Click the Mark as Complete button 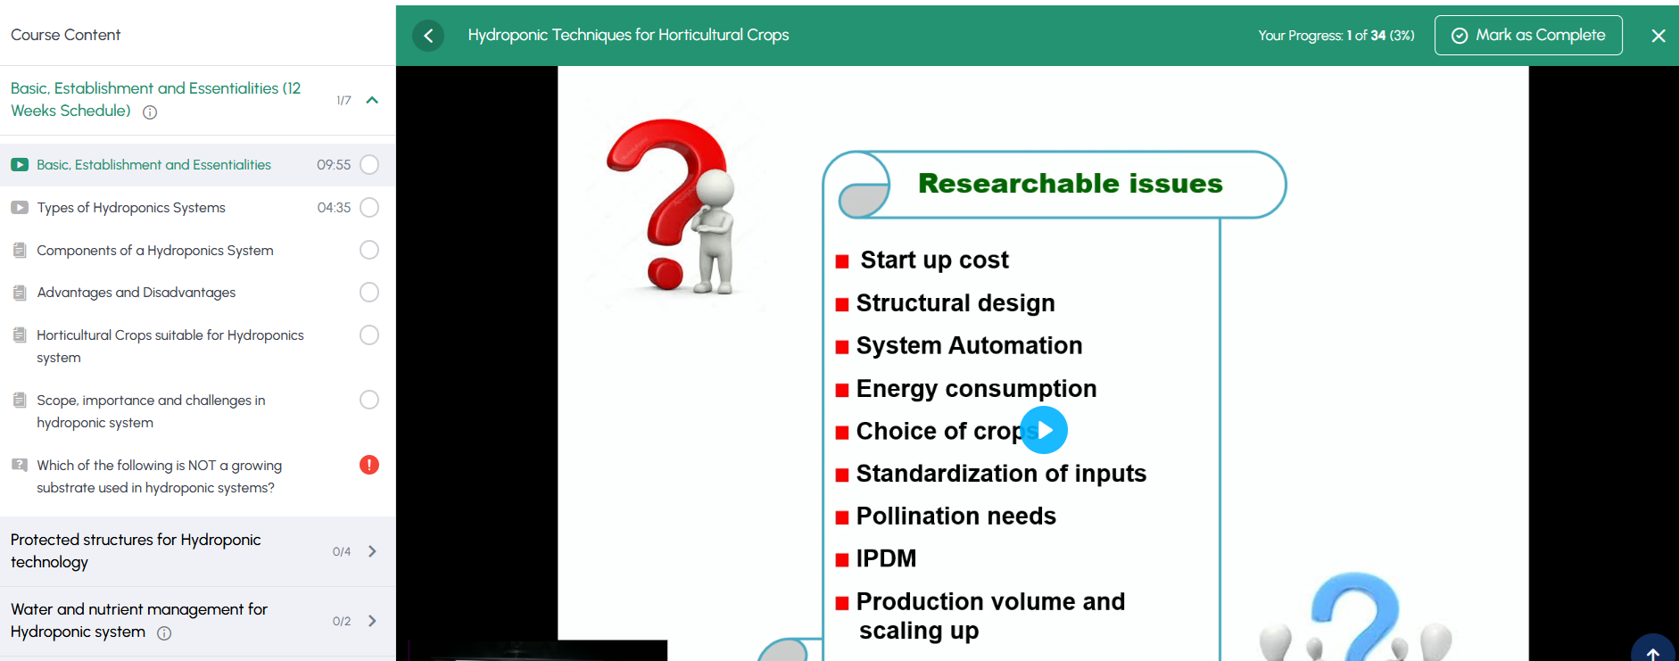[x=1528, y=36]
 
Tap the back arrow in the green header [x=428, y=36]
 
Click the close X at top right [x=1658, y=36]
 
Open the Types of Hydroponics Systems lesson [x=131, y=208]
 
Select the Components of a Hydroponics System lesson [x=155, y=251]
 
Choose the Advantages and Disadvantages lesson [x=136, y=293]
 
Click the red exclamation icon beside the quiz [x=369, y=465]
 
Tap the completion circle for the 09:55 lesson [x=369, y=165]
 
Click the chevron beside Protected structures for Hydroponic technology [x=372, y=551]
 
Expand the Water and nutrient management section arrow [x=372, y=621]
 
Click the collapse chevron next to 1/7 [x=372, y=100]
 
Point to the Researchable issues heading [x=1071, y=184]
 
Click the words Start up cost [x=934, y=260]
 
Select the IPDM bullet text [x=886, y=558]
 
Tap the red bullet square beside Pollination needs [x=841, y=517]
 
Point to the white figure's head [x=715, y=188]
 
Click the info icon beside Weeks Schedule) [x=150, y=112]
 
